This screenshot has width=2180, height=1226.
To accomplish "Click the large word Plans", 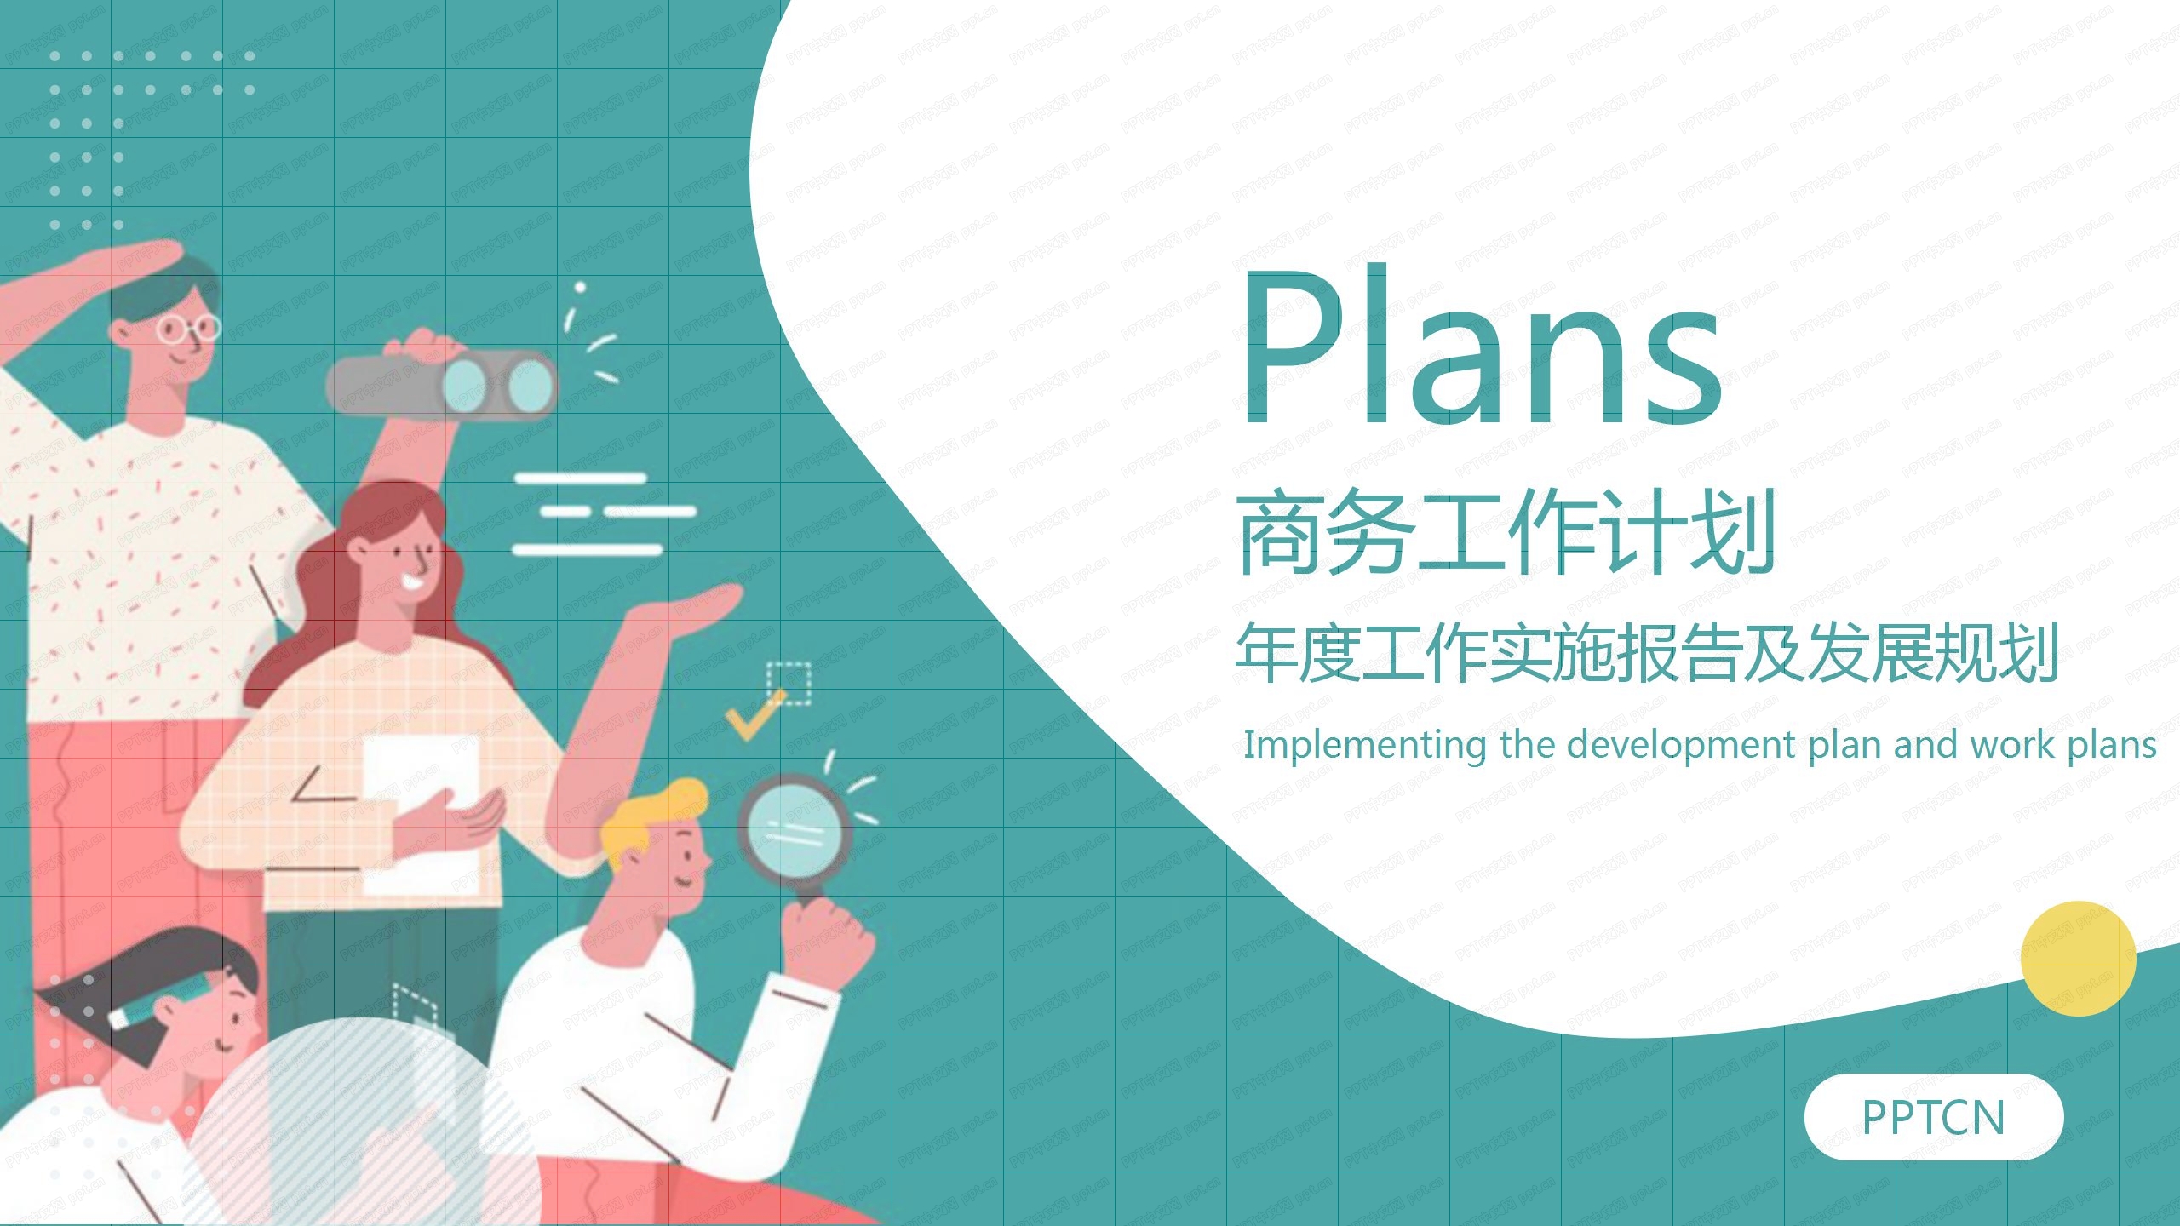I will (1482, 349).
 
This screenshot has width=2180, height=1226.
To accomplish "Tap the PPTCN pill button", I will (1933, 1117).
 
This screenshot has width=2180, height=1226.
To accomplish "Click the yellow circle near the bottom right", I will (2078, 959).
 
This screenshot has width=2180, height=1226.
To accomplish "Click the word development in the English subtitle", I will (1681, 745).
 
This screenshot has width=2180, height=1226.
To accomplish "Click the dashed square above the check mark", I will (789, 683).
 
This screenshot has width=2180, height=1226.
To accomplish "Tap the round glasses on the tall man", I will (189, 328).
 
